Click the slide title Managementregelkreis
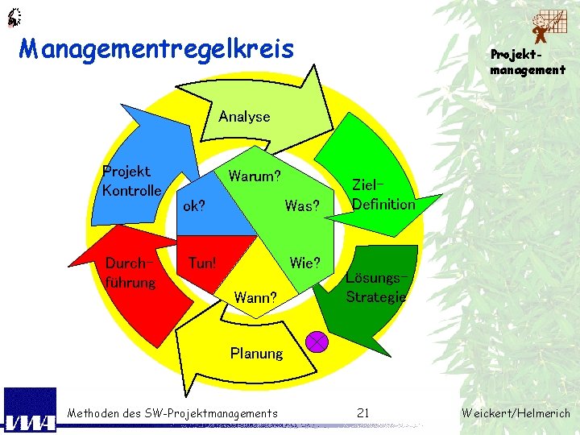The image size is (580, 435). (x=156, y=50)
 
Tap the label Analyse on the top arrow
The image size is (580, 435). (x=244, y=116)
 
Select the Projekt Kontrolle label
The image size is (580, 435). (x=131, y=181)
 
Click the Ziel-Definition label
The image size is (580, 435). (x=383, y=195)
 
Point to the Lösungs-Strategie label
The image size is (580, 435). (x=376, y=288)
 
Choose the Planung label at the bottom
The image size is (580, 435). (x=256, y=353)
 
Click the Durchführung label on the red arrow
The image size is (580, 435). (x=130, y=273)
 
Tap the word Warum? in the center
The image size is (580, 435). (x=255, y=176)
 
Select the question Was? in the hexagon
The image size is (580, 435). (x=302, y=205)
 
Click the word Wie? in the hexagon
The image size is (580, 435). (x=305, y=263)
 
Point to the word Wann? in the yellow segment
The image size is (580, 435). (x=255, y=298)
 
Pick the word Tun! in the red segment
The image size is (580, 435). (x=201, y=263)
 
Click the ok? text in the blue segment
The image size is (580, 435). (x=194, y=205)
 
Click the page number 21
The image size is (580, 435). (x=362, y=413)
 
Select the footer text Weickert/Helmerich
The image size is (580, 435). (x=516, y=413)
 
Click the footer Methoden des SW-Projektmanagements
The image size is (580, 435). (x=172, y=413)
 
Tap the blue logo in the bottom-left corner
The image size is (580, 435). (x=30, y=410)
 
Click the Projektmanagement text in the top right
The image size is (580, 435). (x=528, y=62)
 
